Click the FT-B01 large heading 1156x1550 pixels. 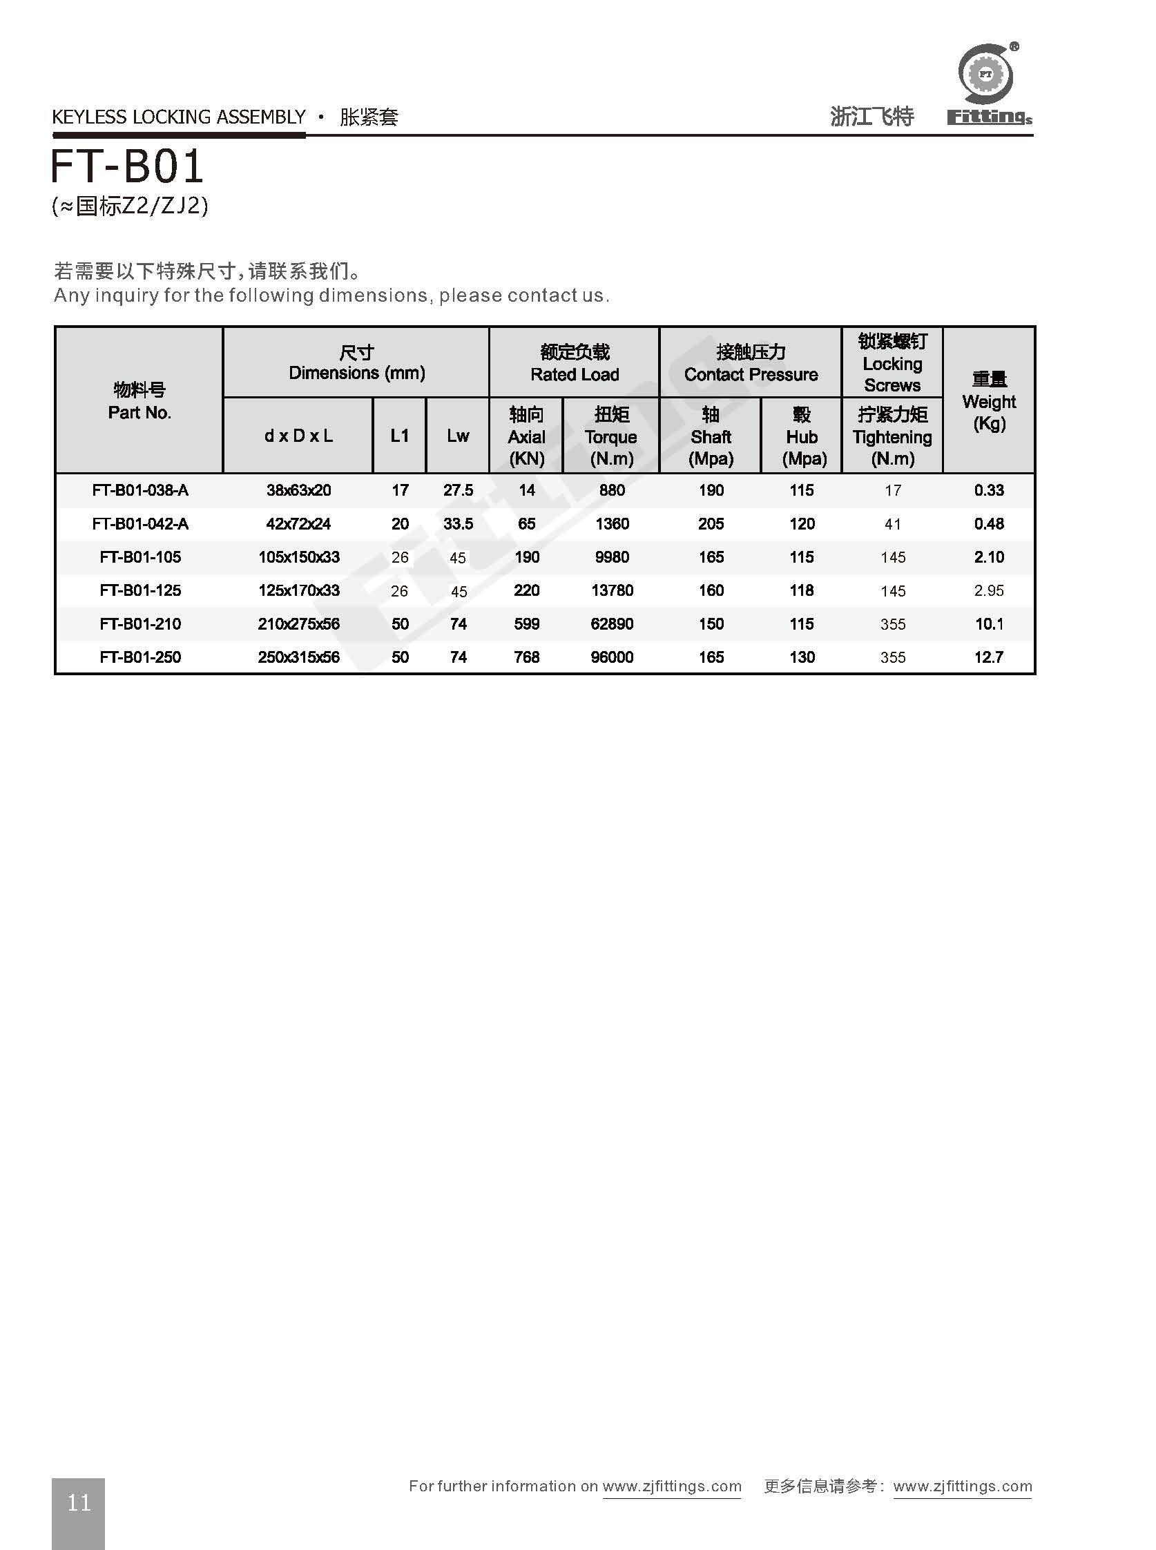(x=127, y=166)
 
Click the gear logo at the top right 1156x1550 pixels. (x=986, y=73)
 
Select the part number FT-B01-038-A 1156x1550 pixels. (x=140, y=490)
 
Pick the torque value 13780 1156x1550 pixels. (x=612, y=590)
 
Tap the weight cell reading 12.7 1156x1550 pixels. (x=988, y=657)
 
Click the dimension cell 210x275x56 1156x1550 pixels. (x=298, y=624)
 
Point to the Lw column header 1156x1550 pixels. (x=458, y=436)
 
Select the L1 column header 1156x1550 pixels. (x=400, y=436)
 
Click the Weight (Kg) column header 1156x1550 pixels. (x=988, y=402)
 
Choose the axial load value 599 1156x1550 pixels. (x=526, y=624)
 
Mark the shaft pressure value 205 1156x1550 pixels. (x=711, y=524)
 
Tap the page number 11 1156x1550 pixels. (x=78, y=1502)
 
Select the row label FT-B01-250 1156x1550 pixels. (x=140, y=657)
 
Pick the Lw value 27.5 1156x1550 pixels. (x=458, y=490)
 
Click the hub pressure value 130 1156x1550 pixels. (x=801, y=657)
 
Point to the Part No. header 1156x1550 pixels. (x=139, y=402)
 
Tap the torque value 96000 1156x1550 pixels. (x=612, y=657)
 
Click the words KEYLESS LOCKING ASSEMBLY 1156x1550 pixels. (x=179, y=117)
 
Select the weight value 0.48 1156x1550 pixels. (x=988, y=524)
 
